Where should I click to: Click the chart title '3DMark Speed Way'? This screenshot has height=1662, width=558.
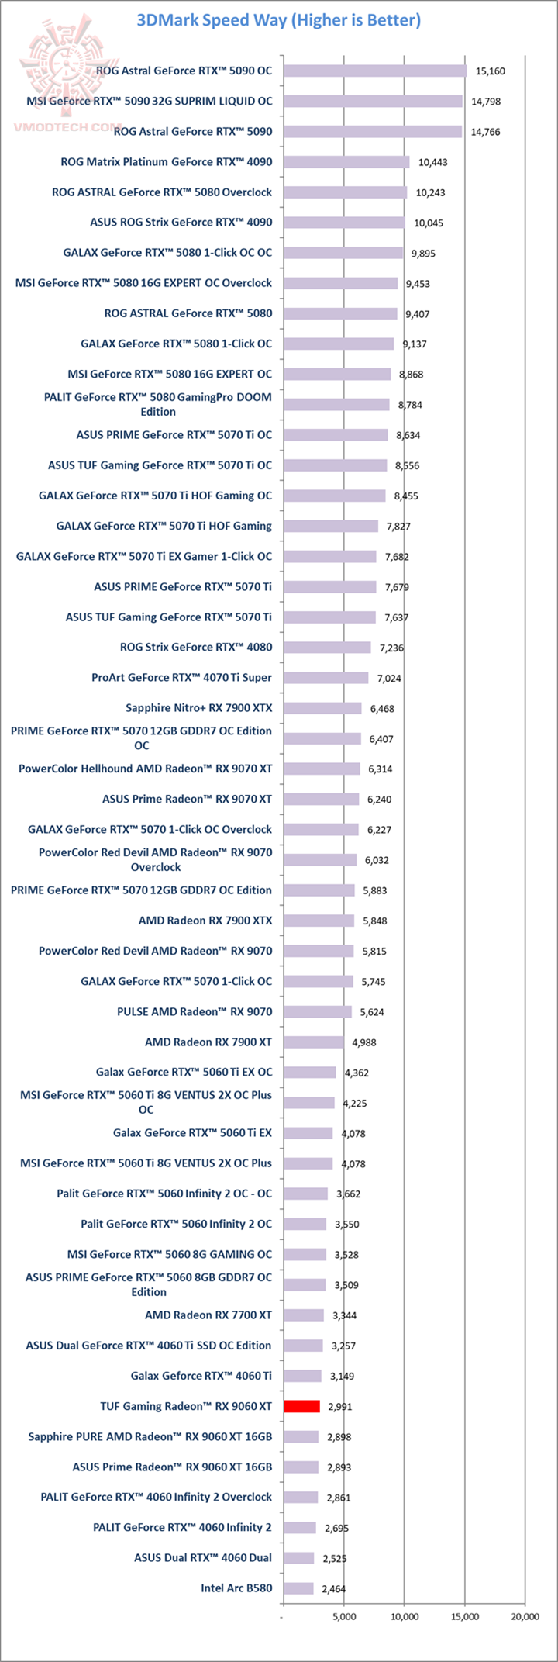click(278, 21)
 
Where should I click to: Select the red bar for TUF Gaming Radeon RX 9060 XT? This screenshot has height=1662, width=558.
click(301, 1405)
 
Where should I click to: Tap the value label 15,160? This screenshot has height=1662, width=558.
click(490, 71)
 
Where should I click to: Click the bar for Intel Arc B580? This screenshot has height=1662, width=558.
click(298, 1588)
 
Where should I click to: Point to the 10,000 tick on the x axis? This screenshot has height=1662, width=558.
click(405, 1616)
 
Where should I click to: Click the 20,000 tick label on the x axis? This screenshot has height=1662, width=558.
click(525, 1616)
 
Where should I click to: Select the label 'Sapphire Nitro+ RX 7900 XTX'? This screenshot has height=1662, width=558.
click(198, 707)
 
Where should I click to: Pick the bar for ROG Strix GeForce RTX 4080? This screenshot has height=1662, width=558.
click(327, 647)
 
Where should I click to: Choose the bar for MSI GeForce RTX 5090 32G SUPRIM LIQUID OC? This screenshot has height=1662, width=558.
click(373, 101)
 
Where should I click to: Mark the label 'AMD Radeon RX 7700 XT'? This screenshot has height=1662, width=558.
click(208, 1315)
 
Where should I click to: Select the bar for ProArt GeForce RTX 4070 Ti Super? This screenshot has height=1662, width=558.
click(325, 677)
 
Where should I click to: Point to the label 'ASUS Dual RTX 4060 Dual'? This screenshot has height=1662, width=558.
click(203, 1557)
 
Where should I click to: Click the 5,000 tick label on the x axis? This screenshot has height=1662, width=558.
click(344, 1616)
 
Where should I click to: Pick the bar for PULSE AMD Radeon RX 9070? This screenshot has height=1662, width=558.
click(317, 1011)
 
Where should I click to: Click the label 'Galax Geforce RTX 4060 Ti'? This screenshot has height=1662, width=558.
click(201, 1375)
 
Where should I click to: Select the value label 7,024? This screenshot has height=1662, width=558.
click(389, 678)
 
